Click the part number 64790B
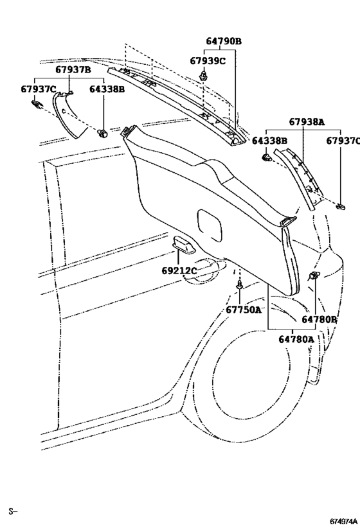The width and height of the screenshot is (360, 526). tap(224, 41)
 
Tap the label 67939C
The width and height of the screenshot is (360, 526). tap(208, 61)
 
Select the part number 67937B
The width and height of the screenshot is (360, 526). tap(73, 70)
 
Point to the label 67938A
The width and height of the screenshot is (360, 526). tap(307, 122)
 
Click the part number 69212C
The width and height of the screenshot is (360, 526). tap(179, 270)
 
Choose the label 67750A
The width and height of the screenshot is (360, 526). tap(243, 310)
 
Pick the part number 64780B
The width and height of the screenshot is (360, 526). tap(319, 319)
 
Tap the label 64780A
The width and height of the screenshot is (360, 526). tap(296, 340)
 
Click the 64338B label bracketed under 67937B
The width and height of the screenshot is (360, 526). tap(107, 89)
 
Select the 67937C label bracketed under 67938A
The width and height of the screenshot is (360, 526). tap(343, 141)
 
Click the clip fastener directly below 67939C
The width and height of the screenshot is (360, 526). tap(203, 75)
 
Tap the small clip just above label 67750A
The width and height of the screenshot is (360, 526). tap(239, 285)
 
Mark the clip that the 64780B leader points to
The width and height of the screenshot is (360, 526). tap(314, 276)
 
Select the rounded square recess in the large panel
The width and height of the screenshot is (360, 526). tap(210, 225)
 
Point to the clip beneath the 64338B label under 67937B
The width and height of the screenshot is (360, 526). tap(102, 133)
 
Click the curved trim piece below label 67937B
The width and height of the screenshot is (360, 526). tap(67, 114)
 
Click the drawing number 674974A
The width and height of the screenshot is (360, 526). tap(343, 521)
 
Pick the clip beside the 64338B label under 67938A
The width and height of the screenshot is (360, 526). tap(266, 157)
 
